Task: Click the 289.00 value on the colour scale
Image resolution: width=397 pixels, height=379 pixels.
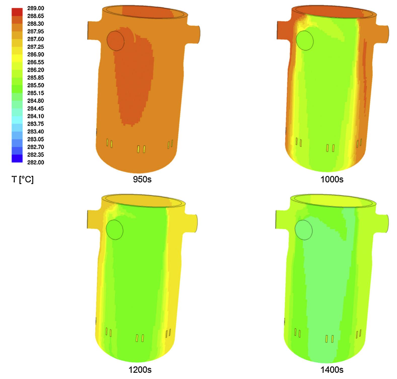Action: point(35,8)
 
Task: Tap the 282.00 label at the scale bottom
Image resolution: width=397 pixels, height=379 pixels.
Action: point(35,163)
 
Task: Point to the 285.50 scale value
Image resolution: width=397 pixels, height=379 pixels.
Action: point(35,85)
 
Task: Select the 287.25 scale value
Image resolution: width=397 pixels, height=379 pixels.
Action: point(35,47)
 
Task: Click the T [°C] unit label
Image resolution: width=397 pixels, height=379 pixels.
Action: point(22,179)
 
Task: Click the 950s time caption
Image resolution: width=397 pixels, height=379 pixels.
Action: point(142,179)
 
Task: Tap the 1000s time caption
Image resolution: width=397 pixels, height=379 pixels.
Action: point(332,179)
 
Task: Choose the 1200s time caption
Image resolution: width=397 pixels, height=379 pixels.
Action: point(140,370)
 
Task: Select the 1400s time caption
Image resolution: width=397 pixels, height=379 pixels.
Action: point(332,370)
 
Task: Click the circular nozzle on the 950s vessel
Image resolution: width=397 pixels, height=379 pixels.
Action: point(116,41)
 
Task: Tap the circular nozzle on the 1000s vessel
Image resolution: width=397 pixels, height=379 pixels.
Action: point(305,41)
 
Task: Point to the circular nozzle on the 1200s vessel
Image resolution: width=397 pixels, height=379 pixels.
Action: point(115,230)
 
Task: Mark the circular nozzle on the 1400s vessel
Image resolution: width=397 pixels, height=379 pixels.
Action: point(304,230)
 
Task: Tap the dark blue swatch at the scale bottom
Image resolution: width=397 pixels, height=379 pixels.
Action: point(17,159)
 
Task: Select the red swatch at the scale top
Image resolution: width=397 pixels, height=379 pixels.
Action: point(17,12)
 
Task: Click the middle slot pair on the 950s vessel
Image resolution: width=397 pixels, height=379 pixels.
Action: point(141,149)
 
